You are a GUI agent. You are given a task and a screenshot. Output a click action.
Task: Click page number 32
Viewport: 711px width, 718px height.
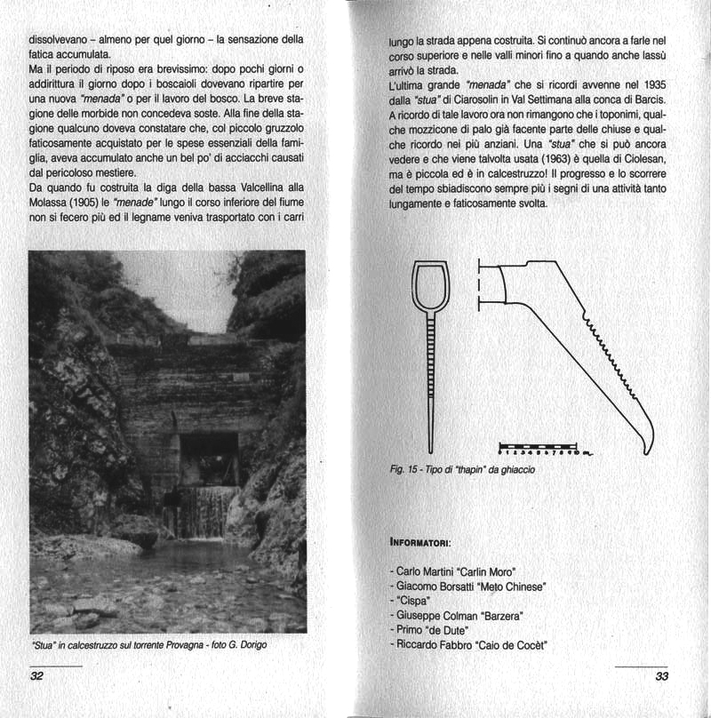[x=37, y=677]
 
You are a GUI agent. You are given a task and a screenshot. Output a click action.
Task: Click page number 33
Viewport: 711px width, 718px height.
[x=661, y=677]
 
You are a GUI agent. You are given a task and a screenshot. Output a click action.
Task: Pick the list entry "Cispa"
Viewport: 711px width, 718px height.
[x=411, y=602]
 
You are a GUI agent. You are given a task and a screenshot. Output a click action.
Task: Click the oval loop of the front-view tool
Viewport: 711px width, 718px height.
[x=430, y=291]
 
